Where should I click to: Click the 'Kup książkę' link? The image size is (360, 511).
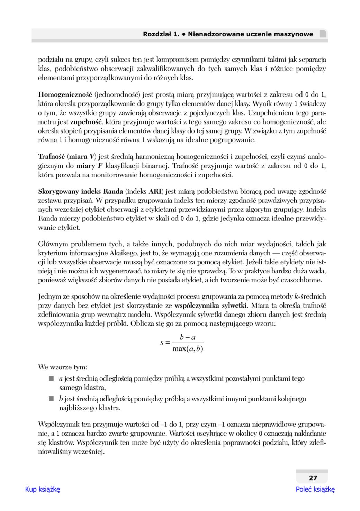(43, 489)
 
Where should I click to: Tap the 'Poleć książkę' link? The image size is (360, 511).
(315, 489)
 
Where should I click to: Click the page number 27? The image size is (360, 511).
(313, 478)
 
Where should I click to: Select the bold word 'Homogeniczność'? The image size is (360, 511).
(65, 94)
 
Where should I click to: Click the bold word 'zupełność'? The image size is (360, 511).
(86, 122)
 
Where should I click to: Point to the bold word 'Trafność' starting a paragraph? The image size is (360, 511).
(51, 157)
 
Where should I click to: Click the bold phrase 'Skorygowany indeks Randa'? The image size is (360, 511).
(80, 191)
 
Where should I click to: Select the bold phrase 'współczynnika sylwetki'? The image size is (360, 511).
(211, 305)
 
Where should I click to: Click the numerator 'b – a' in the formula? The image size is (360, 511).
(188, 337)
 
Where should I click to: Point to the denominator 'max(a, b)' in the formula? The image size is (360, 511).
(188, 349)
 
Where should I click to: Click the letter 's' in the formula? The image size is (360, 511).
(162, 343)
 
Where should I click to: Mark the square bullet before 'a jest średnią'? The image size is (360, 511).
(52, 379)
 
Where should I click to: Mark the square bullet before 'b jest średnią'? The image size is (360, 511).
(52, 399)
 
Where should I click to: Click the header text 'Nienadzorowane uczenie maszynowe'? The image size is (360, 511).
(250, 34)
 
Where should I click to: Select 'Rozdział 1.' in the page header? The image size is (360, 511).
(161, 34)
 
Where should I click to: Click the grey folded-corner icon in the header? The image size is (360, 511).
(323, 34)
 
